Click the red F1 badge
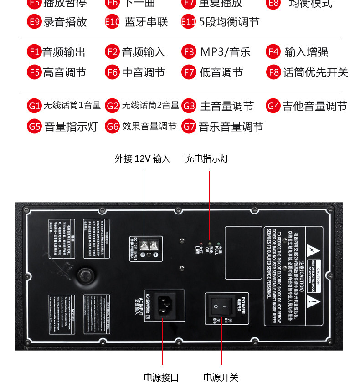[x=35, y=52]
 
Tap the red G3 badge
[x=189, y=107]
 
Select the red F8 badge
[x=273, y=72]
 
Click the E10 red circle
[x=112, y=22]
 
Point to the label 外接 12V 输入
[x=142, y=158]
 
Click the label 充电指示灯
[x=207, y=158]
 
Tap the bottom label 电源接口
[x=161, y=377]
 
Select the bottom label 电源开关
[x=221, y=377]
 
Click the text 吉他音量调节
[x=314, y=107]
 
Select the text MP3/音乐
[x=225, y=52]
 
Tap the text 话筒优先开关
[x=315, y=72]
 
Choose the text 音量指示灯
[x=71, y=127]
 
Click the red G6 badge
[x=112, y=127]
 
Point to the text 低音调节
[x=221, y=72]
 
